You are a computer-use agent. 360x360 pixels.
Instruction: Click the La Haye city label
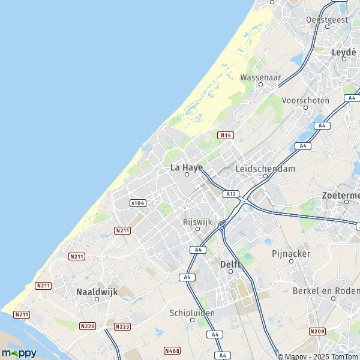click(187, 167)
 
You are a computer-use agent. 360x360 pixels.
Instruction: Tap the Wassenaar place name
click(260, 77)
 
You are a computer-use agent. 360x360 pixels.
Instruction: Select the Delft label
click(230, 264)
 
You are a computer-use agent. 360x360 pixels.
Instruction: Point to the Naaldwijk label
click(97, 292)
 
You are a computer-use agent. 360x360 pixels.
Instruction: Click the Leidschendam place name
click(265, 169)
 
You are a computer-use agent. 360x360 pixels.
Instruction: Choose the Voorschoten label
click(305, 101)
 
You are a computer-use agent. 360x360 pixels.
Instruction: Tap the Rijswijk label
click(197, 221)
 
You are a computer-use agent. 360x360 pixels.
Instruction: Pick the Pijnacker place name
click(291, 254)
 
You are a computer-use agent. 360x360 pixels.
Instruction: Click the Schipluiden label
click(190, 313)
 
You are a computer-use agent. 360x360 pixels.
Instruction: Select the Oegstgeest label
click(327, 20)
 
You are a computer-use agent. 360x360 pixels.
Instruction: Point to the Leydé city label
click(344, 52)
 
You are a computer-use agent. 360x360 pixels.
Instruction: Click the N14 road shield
click(226, 136)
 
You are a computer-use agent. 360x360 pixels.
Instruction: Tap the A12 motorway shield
click(230, 194)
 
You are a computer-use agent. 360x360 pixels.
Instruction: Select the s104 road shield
click(137, 203)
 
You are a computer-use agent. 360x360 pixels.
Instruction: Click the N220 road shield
click(88, 326)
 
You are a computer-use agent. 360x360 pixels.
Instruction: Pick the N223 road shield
click(122, 326)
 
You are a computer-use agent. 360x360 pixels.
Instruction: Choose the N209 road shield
click(317, 331)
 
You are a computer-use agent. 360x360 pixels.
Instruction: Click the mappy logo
click(19, 353)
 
